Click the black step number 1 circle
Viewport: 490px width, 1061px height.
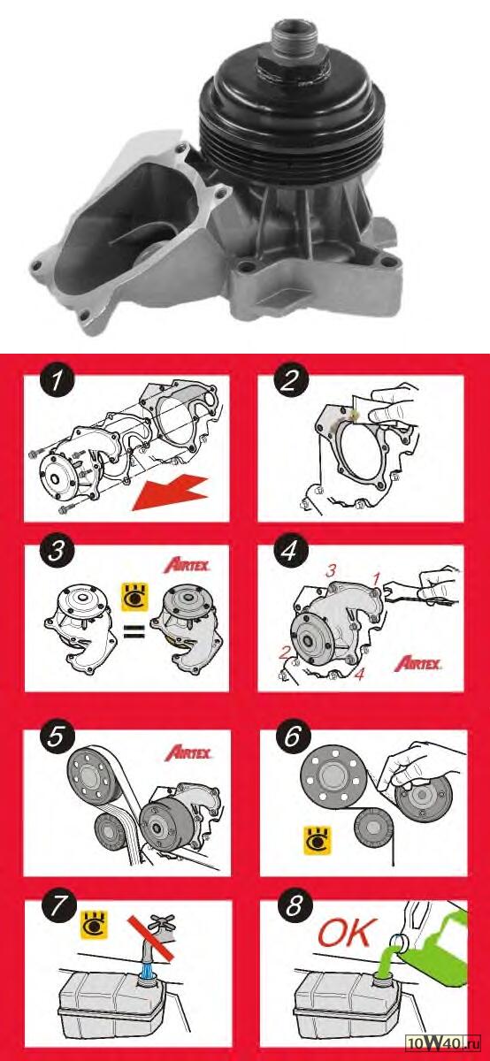57,381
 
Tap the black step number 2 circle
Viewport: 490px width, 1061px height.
289,381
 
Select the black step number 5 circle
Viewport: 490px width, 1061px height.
56,737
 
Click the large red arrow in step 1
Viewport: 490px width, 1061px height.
171,494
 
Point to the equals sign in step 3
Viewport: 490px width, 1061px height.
134,631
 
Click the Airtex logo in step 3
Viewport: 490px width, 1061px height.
187,565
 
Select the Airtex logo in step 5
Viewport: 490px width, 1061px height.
188,752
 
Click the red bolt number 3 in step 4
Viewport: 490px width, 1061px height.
331,571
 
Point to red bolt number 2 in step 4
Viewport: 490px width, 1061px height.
284,653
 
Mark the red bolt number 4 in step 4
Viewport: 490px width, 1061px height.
359,675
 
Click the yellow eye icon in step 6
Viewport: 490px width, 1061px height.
318,841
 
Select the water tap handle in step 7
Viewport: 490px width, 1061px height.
162,920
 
